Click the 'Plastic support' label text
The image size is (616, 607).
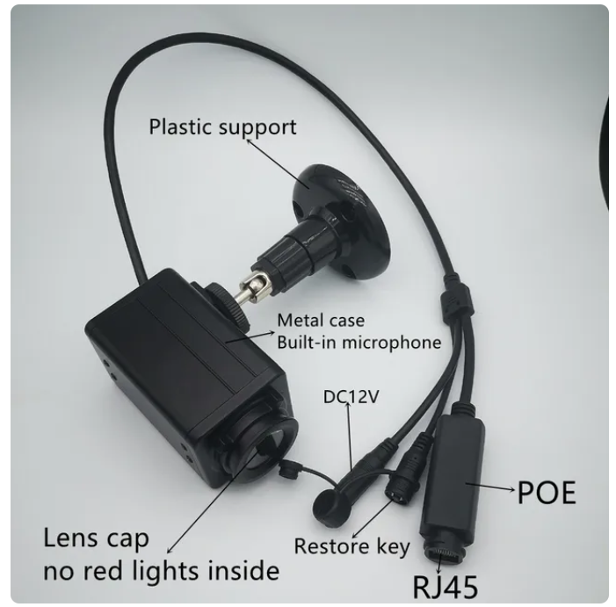(222, 126)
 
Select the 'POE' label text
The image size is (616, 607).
(546, 493)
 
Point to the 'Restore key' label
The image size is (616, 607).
(351, 546)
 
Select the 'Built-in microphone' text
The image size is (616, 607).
(359, 342)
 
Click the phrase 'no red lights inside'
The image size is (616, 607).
(161, 571)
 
